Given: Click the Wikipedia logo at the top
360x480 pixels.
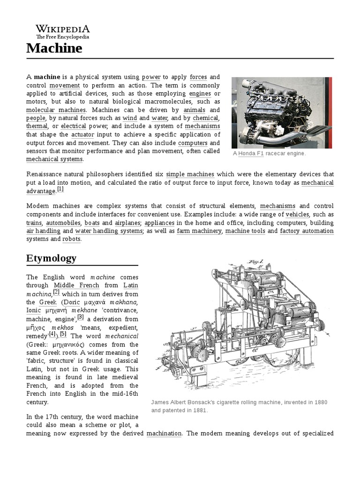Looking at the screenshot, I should coord(63,31).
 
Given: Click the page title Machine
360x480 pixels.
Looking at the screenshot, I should coord(54,48).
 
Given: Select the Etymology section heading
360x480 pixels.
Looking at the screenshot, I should coord(51,258).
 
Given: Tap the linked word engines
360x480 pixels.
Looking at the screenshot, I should coord(200,93).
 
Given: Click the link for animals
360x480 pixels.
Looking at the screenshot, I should coord(195,110).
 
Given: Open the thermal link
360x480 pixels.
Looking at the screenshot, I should coord(37,126).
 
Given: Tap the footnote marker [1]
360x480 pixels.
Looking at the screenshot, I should coord(60,189).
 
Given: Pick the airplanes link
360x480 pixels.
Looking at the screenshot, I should coord(127,223).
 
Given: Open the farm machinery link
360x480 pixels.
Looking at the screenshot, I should coord(199,231).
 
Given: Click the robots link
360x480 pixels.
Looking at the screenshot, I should coord(72,239).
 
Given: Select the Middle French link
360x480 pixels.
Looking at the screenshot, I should coord(76,285).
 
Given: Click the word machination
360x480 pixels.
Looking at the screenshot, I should coord(164,434).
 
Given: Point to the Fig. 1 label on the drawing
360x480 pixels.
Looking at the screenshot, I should coord(256,262).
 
